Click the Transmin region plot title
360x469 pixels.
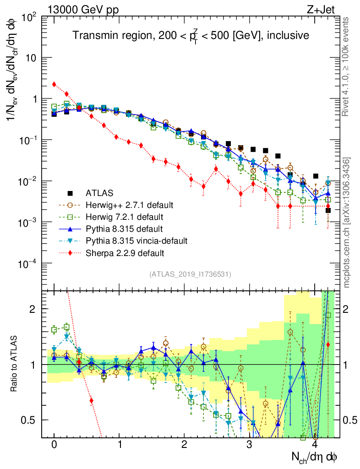coord(191,35)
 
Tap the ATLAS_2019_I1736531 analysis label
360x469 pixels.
coord(190,274)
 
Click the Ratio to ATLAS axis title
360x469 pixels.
coord(14,364)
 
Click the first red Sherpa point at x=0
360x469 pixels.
coord(54,84)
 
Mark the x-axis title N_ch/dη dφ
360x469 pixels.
coord(316,457)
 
